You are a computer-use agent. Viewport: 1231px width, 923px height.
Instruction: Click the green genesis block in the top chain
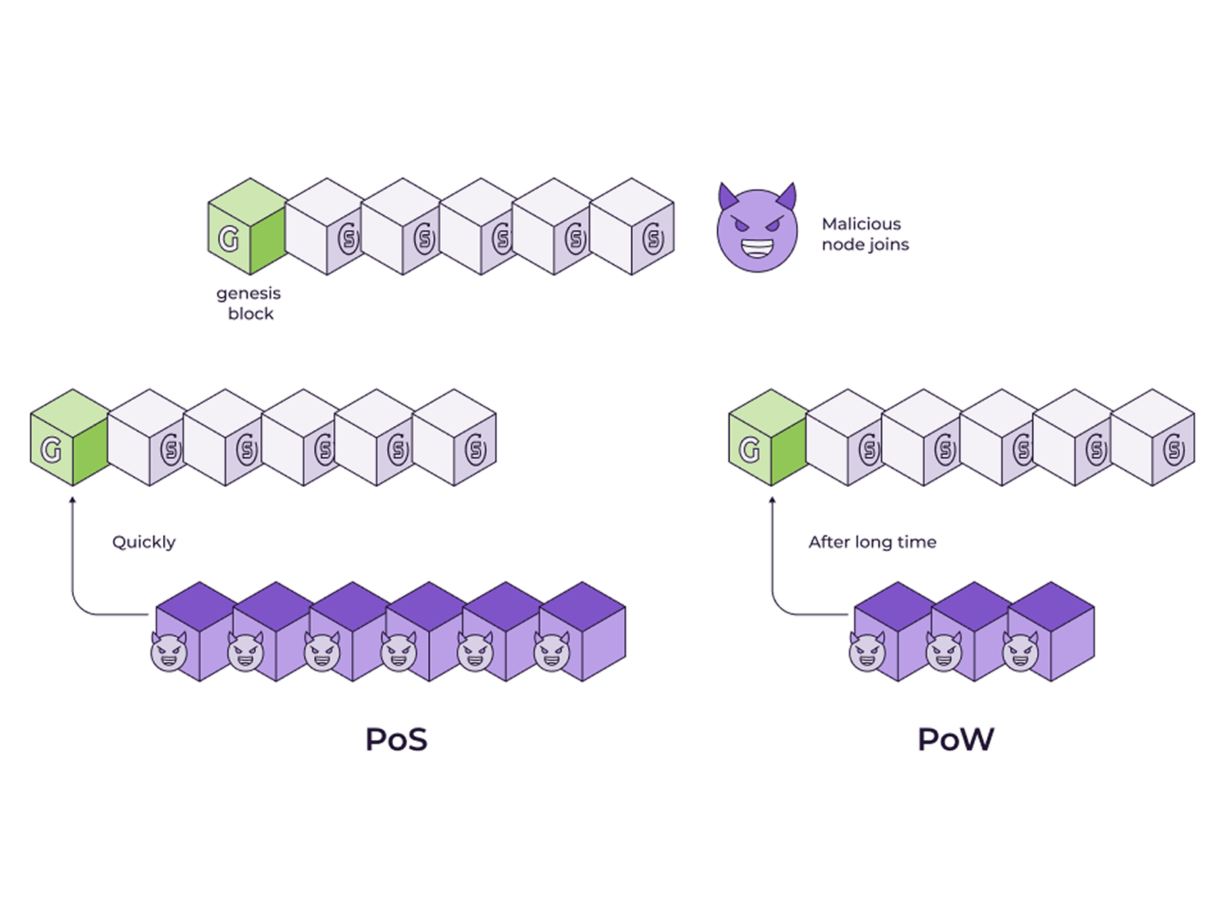pyautogui.click(x=248, y=226)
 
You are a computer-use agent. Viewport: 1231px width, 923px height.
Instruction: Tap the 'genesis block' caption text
pyautogui.click(x=249, y=303)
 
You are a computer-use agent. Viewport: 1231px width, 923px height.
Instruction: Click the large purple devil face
pyautogui.click(x=757, y=228)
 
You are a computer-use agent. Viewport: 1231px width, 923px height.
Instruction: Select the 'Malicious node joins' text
pyautogui.click(x=865, y=235)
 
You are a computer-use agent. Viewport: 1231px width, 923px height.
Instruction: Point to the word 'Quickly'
pyautogui.click(x=144, y=542)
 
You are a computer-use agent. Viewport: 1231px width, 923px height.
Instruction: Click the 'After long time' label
pyautogui.click(x=872, y=542)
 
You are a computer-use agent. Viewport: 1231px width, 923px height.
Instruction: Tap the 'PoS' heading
pyautogui.click(x=396, y=739)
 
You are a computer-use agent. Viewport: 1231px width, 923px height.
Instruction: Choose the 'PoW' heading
pyautogui.click(x=956, y=739)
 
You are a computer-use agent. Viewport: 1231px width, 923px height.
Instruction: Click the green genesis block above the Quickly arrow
pyautogui.click(x=70, y=437)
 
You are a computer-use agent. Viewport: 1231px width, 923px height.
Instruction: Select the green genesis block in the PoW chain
pyautogui.click(x=769, y=437)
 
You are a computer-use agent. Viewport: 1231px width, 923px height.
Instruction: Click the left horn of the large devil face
pyautogui.click(x=728, y=196)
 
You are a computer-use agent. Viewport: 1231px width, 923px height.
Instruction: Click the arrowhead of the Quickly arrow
pyautogui.click(x=72, y=500)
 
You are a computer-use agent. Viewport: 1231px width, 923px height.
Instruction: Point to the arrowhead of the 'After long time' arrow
pyautogui.click(x=772, y=500)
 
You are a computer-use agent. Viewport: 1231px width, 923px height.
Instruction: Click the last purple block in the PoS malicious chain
pyautogui.click(x=583, y=631)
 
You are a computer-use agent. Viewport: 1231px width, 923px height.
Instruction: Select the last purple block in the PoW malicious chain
pyautogui.click(x=1052, y=631)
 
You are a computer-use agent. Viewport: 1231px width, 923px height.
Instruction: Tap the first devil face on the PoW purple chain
pyautogui.click(x=867, y=651)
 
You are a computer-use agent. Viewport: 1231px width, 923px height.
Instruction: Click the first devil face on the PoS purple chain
pyautogui.click(x=168, y=651)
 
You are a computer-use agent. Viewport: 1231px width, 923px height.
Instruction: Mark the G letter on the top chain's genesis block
pyautogui.click(x=229, y=238)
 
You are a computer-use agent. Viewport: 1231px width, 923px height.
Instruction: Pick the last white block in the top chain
pyautogui.click(x=632, y=226)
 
